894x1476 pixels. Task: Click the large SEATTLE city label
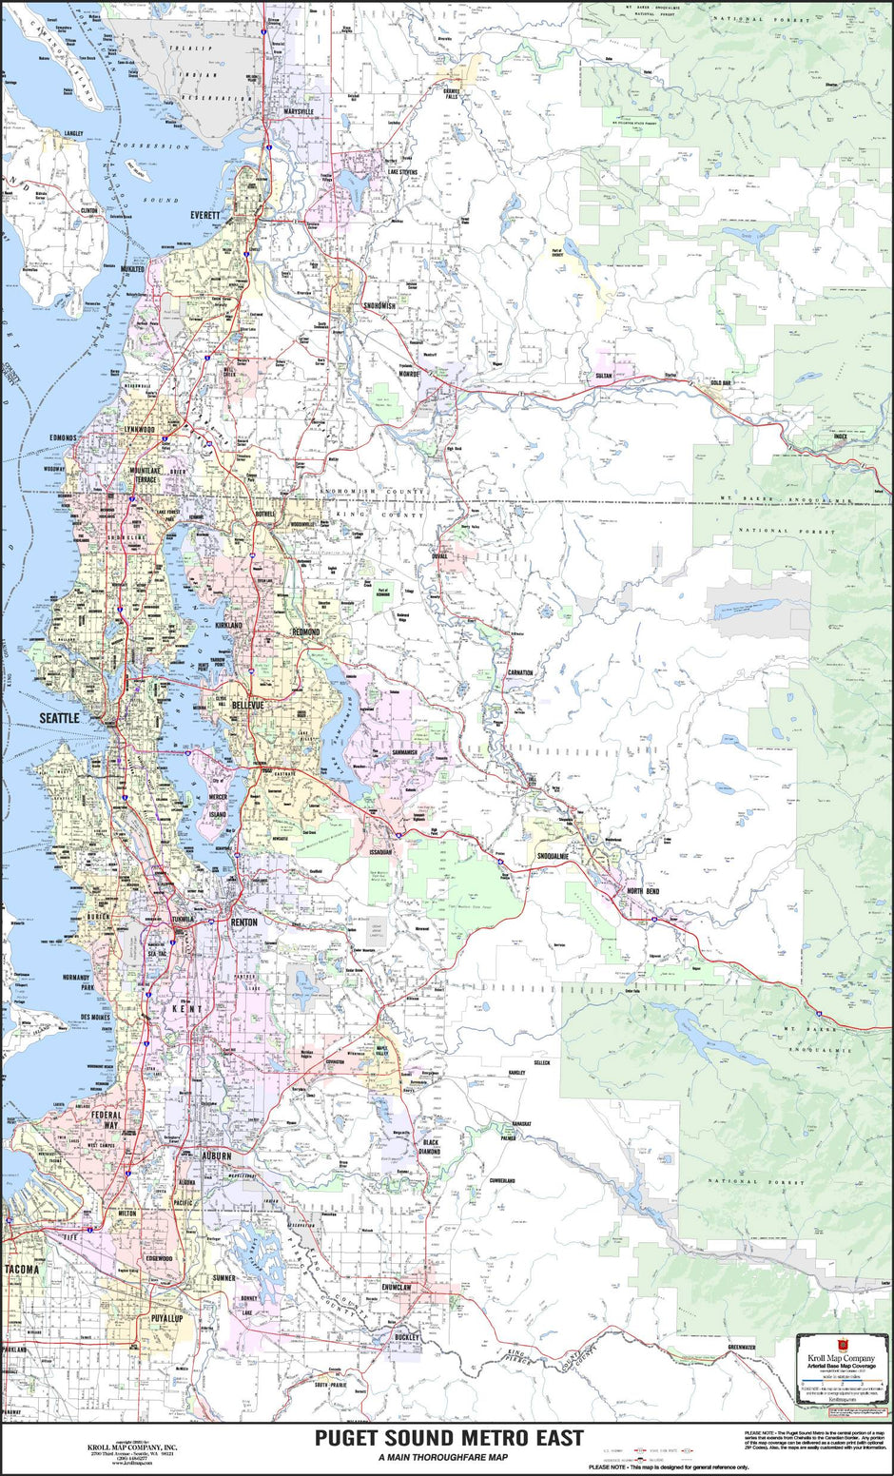(58, 717)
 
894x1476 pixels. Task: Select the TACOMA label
(21, 1270)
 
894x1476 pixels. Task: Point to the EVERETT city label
(204, 215)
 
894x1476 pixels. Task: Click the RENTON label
(243, 922)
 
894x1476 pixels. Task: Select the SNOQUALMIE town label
(553, 856)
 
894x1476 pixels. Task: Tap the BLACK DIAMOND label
(431, 1147)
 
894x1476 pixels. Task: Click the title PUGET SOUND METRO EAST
(449, 1438)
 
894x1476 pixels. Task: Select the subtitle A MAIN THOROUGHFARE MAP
(442, 1457)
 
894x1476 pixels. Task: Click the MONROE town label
(409, 375)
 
